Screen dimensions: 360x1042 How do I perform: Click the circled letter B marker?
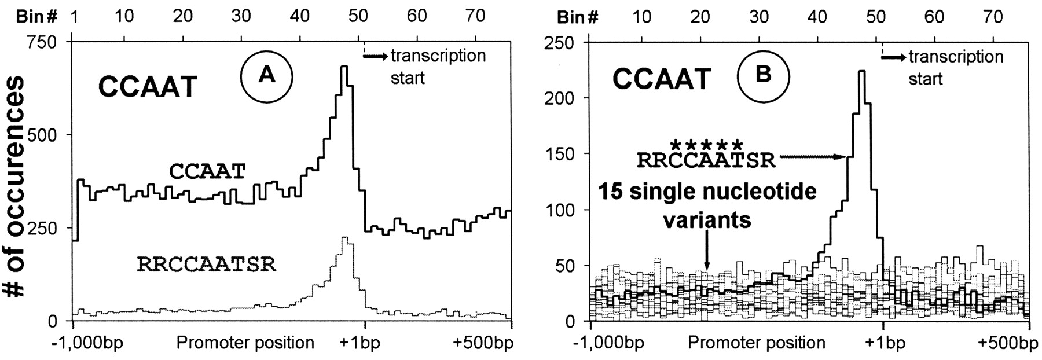764,76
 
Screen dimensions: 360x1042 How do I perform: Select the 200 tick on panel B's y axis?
562,98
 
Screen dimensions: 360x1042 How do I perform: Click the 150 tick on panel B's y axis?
562,154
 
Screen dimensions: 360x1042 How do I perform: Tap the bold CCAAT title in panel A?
148,89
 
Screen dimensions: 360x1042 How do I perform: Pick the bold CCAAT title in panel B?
662,79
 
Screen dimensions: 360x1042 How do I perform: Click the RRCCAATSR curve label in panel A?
207,265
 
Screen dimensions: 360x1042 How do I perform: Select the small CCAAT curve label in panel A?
207,171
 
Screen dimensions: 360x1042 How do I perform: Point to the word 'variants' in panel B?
706,220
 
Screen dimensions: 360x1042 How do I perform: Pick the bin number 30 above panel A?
241,16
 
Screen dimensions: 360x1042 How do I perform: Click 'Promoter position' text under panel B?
756,343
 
